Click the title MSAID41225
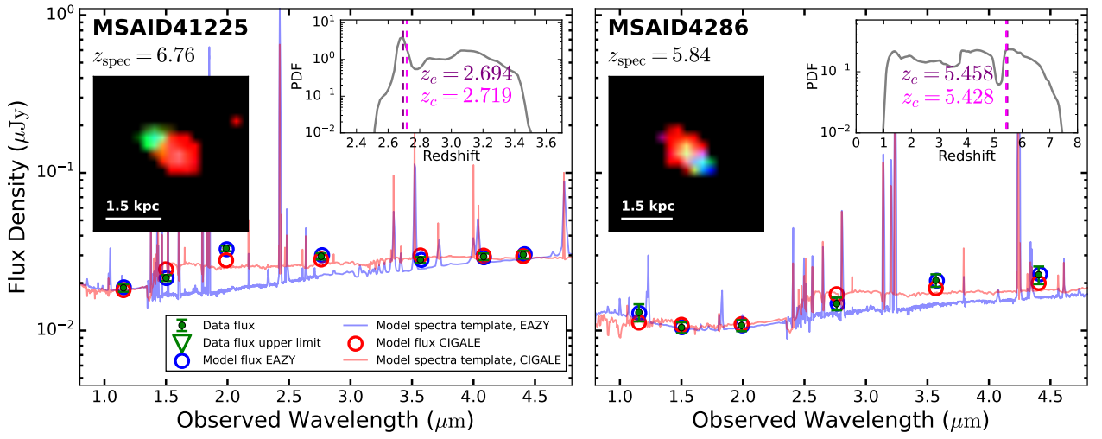170,28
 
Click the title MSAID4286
678,28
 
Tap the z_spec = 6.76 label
143,57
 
